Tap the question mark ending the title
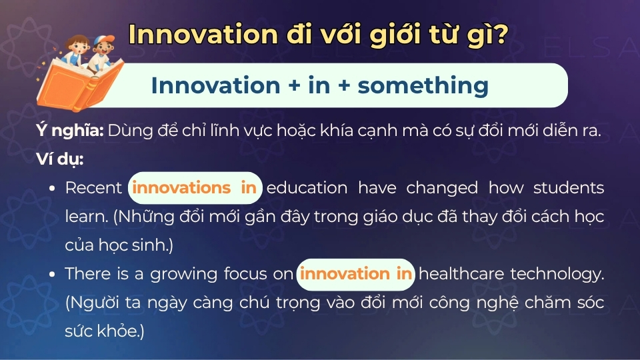496,35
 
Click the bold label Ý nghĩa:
69,131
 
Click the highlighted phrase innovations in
195,188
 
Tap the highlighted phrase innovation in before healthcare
355,274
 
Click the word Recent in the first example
93,188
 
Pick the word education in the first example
307,188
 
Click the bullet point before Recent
52,189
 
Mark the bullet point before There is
52,275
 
